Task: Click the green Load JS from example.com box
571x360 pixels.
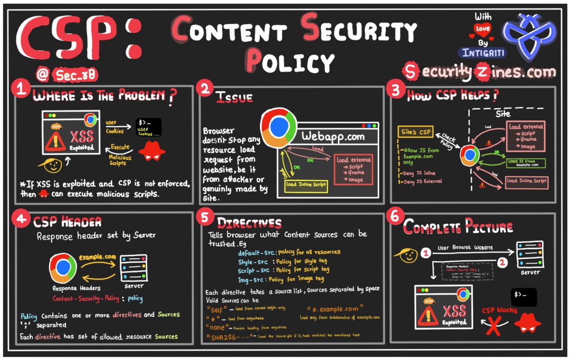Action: coord(525,163)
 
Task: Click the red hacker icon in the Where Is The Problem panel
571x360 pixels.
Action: coord(151,152)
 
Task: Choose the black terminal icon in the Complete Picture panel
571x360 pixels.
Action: coord(523,297)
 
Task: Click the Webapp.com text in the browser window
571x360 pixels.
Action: coord(333,137)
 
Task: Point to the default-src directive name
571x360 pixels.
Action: coord(253,252)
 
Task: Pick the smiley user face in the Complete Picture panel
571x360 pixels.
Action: coord(409,256)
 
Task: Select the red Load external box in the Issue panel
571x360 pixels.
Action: coord(354,170)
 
